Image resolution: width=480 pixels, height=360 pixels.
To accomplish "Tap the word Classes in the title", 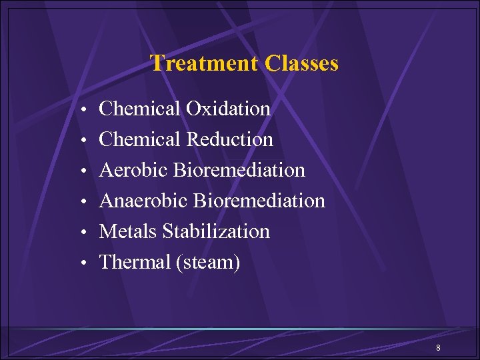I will (x=301, y=63).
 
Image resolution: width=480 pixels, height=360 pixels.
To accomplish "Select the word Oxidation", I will (x=228, y=109).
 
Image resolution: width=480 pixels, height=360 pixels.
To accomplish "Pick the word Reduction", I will (x=229, y=139).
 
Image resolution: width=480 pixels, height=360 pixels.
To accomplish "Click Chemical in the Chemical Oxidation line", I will (x=139, y=109).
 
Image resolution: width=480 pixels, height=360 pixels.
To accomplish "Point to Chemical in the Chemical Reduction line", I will (x=139, y=139).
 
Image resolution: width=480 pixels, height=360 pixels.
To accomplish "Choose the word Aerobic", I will (x=133, y=170).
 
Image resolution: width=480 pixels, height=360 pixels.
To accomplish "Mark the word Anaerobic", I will (x=143, y=201).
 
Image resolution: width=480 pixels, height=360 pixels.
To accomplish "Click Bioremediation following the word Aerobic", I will (x=239, y=170).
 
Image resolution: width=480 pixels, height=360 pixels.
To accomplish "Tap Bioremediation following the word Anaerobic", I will (x=259, y=201).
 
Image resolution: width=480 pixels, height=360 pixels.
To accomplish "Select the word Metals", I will (x=128, y=231).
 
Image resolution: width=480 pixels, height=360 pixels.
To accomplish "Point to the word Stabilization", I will (x=216, y=231).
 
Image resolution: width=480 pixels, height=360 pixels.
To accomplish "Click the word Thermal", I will (x=135, y=262).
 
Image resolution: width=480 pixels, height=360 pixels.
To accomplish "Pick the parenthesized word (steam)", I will (x=207, y=263).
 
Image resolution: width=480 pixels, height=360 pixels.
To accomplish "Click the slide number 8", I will (x=438, y=348).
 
